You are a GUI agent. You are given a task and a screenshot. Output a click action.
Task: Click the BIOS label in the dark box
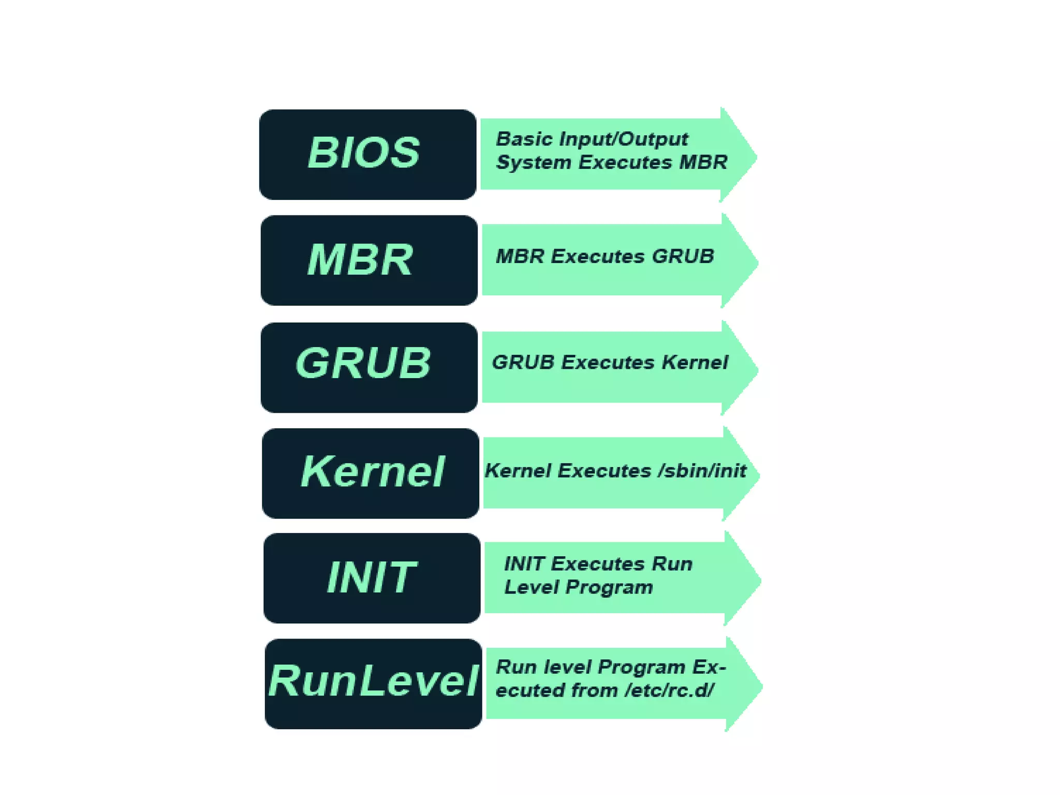(364, 153)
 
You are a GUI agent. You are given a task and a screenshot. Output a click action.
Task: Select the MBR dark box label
(361, 259)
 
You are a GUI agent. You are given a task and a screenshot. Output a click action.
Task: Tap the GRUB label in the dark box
(363, 363)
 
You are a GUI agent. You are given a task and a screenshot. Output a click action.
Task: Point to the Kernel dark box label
(372, 472)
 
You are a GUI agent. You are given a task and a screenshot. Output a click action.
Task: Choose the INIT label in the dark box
(371, 577)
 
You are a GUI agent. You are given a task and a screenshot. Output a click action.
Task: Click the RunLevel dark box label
(373, 681)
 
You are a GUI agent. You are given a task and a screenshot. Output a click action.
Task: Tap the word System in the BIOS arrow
(533, 163)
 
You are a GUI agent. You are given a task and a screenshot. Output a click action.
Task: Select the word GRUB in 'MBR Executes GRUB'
(683, 256)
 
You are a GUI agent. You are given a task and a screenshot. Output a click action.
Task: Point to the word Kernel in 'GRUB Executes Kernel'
(695, 363)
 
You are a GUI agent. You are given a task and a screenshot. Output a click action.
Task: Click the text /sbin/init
(702, 471)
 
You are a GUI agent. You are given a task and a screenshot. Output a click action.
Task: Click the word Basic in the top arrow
(524, 139)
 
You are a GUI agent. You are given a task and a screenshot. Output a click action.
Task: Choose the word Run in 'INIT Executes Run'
(672, 563)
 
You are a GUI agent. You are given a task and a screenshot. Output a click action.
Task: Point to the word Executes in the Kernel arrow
(604, 471)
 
